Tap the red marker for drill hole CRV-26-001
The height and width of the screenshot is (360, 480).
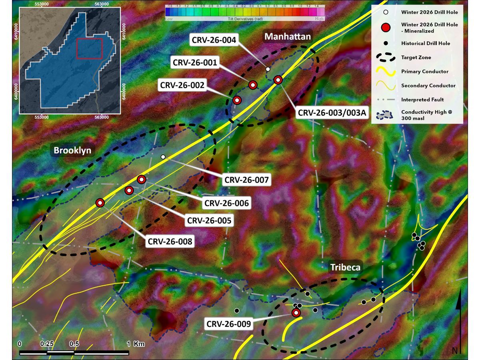(252, 85)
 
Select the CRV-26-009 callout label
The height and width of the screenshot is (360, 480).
(229, 324)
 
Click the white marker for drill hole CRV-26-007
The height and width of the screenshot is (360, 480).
(163, 157)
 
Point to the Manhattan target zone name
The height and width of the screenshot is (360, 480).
(287, 37)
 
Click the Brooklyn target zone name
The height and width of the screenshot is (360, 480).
(73, 150)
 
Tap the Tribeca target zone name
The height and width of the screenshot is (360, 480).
(345, 267)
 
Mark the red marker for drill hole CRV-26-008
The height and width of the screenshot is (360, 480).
(100, 203)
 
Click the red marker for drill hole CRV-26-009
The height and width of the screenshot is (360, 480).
(296, 312)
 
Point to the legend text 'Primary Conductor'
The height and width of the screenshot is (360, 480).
(425, 72)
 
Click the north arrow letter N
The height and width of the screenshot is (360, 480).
(455, 351)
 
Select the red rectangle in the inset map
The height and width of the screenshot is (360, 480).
(90, 48)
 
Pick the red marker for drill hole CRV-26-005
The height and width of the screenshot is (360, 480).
(129, 190)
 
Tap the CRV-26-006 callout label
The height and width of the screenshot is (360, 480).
(227, 203)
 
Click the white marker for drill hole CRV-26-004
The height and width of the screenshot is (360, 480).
(268, 69)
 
